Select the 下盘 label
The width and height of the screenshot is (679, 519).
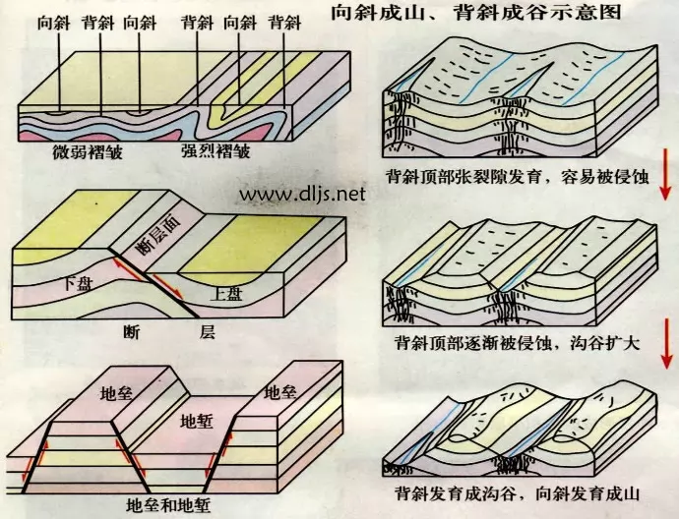pyautogui.click(x=77, y=283)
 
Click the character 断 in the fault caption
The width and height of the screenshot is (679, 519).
pyautogui.click(x=134, y=330)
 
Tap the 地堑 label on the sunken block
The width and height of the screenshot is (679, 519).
pyautogui.click(x=198, y=421)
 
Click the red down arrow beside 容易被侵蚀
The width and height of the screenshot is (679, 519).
pyautogui.click(x=665, y=174)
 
